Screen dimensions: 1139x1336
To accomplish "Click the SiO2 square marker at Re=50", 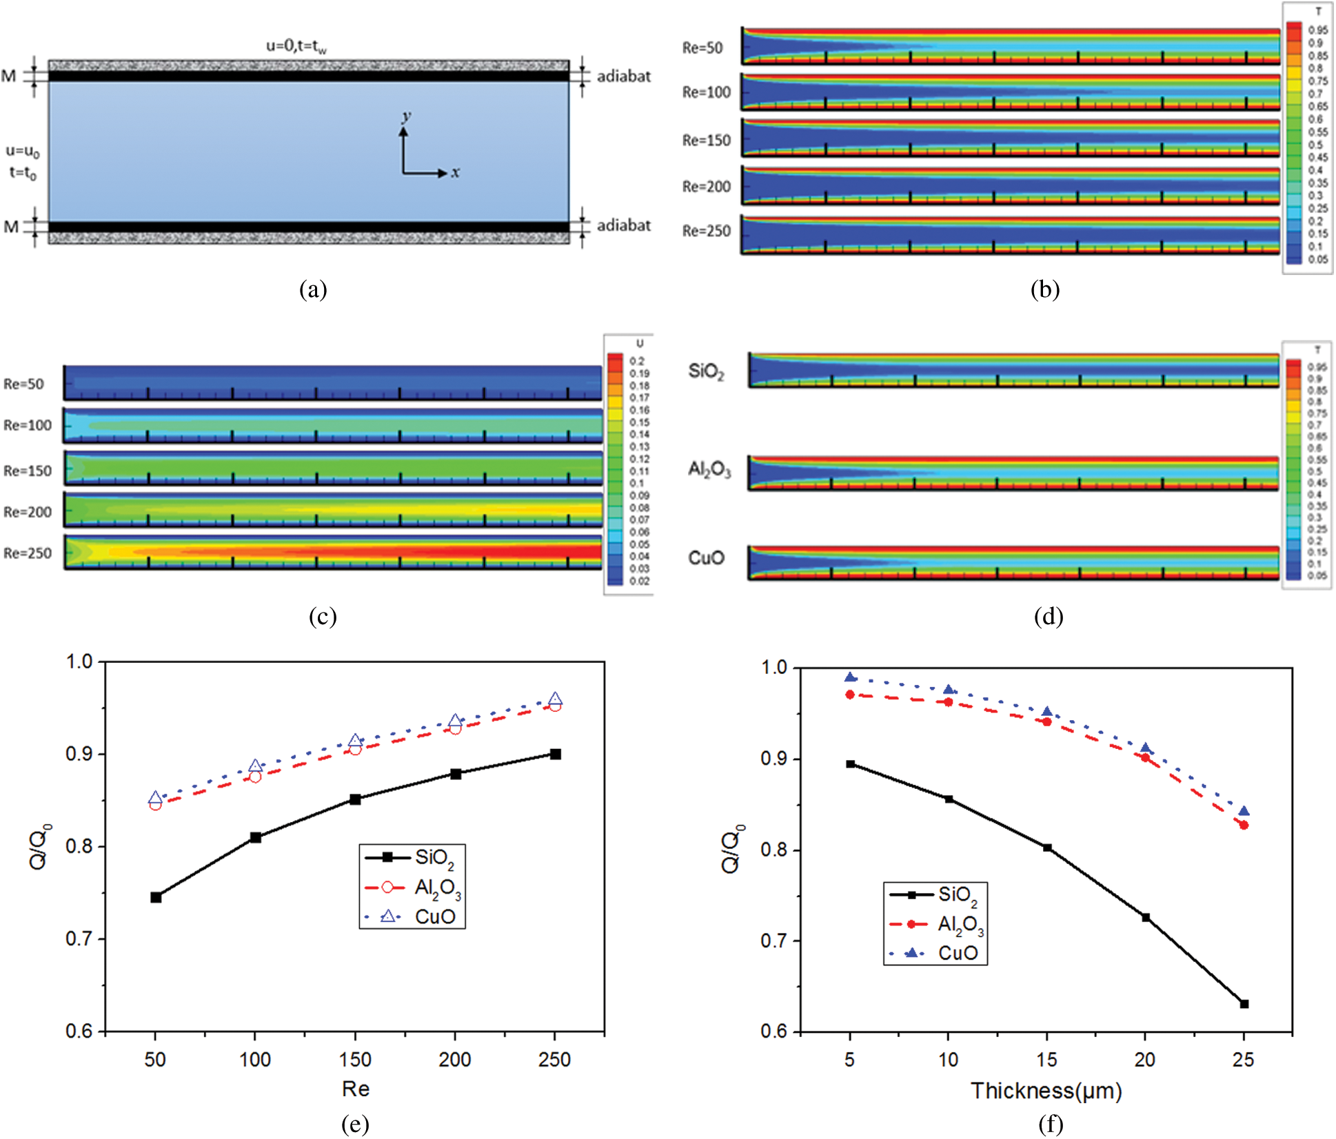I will (156, 897).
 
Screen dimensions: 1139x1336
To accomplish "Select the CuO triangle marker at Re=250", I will (555, 699).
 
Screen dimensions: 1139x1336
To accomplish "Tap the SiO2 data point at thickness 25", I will (1244, 1004).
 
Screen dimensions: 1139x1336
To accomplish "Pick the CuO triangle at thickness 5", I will (851, 677).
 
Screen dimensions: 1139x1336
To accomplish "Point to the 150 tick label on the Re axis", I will (355, 1059).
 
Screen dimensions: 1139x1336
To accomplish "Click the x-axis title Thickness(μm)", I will (1046, 1091).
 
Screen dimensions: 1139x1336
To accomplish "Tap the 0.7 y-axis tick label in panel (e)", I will (79, 938).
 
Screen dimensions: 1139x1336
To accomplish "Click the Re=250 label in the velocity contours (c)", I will (28, 553).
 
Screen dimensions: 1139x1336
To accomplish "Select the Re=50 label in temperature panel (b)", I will (702, 48).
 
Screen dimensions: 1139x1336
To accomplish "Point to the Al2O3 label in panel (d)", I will (709, 470).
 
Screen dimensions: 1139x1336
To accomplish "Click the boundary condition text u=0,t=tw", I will (296, 46).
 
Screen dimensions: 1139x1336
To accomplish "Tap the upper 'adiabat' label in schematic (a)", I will (623, 76).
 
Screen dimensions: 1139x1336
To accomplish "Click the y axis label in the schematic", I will (407, 116).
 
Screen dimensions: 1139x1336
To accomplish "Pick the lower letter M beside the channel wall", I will (11, 226).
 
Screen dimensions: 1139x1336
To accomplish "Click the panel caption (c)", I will (323, 615).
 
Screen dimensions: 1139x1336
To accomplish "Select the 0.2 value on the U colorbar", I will (636, 361).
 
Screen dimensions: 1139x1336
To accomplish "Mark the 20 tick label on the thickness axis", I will (1145, 1059).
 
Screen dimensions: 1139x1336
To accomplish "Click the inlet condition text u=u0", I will (23, 151).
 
